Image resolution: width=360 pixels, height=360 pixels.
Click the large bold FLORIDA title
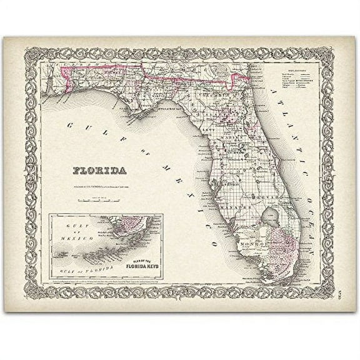100,170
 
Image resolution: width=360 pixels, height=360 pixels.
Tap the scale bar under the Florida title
100,200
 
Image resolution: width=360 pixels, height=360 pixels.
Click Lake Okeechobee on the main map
273,216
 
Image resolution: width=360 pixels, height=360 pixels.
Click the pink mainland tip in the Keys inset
128,224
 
